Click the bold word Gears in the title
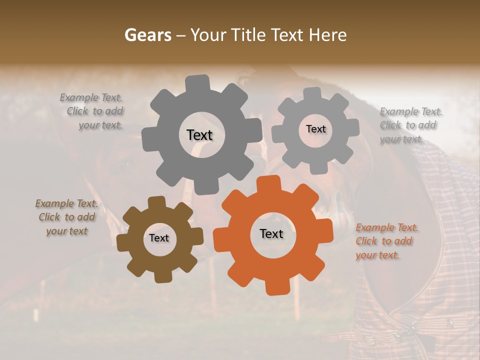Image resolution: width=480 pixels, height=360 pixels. (147, 35)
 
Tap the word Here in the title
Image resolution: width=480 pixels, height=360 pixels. (328, 35)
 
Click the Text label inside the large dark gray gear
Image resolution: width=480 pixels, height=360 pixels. (199, 135)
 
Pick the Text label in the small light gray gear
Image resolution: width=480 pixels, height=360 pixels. (315, 129)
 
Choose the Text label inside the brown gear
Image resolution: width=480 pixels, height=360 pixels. (159, 238)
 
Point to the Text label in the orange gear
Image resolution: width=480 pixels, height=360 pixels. (271, 233)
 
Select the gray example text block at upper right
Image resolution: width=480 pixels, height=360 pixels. (410, 125)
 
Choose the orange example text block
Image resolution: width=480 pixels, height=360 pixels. (386, 241)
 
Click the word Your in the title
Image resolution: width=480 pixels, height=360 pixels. (209, 35)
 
